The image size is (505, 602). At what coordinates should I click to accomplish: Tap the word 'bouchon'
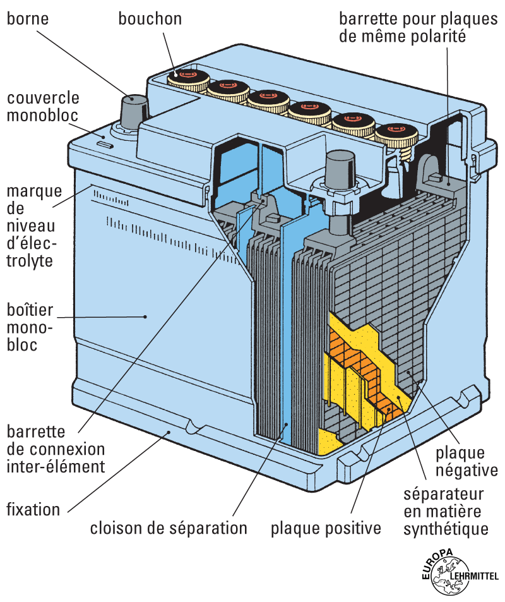pyautogui.click(x=150, y=19)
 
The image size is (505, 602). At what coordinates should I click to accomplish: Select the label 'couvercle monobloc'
pyautogui.click(x=43, y=107)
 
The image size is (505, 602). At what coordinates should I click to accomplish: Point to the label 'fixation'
pyautogui.click(x=33, y=509)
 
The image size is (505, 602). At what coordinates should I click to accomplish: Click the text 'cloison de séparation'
pyautogui.click(x=169, y=527)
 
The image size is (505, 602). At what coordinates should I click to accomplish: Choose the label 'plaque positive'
pyautogui.click(x=326, y=527)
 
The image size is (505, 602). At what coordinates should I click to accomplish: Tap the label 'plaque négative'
pyautogui.click(x=466, y=462)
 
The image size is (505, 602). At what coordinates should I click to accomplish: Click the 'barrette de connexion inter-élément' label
pyautogui.click(x=56, y=450)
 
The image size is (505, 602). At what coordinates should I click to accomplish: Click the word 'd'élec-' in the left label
pyautogui.click(x=30, y=244)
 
